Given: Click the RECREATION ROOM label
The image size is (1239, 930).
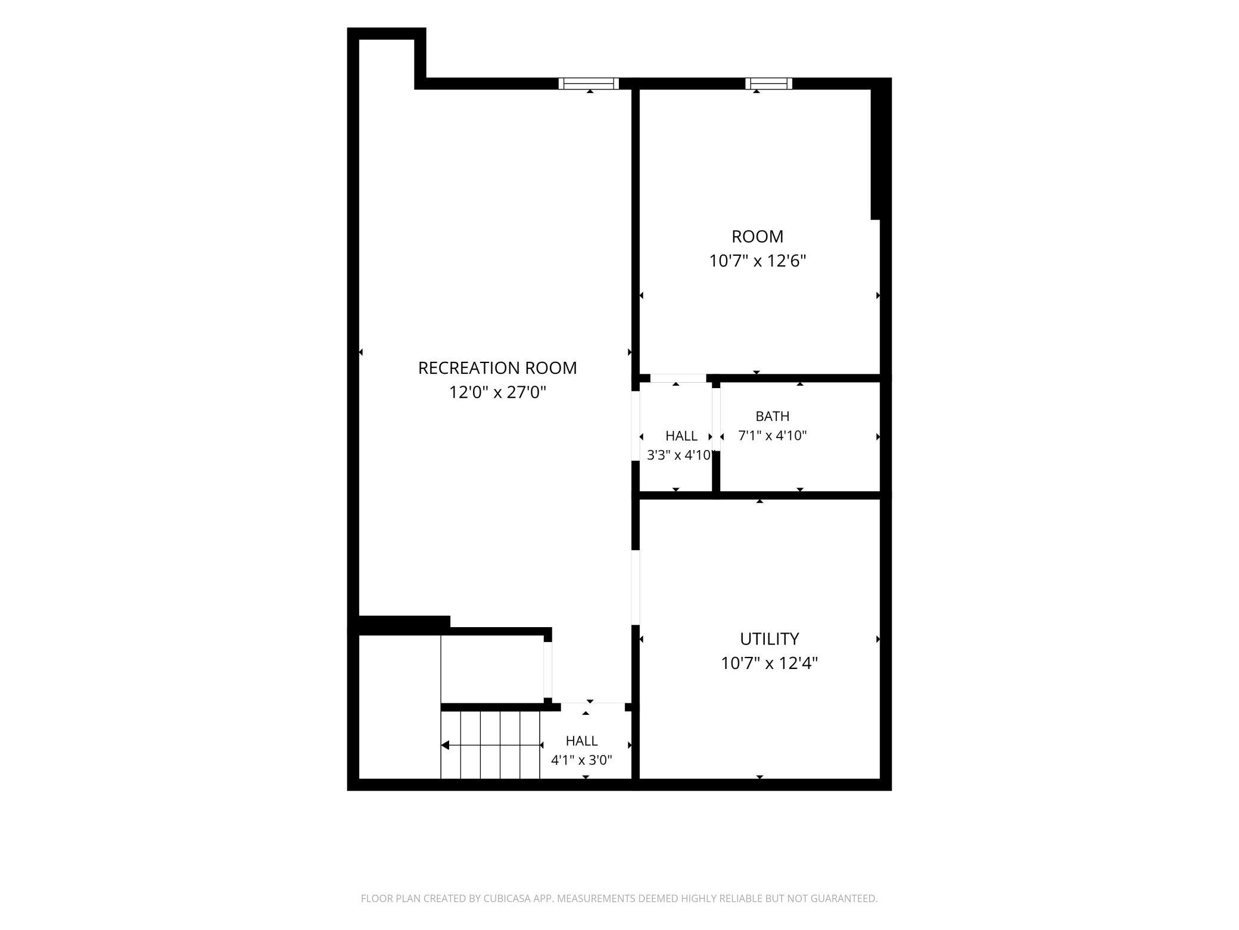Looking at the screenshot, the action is (x=497, y=368).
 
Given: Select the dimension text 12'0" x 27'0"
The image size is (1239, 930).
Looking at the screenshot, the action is (x=497, y=392).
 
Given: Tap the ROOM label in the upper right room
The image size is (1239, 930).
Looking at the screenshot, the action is (x=757, y=237).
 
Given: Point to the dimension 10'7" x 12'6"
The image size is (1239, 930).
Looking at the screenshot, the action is (x=757, y=261).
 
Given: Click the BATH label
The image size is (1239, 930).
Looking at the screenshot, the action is (x=772, y=416).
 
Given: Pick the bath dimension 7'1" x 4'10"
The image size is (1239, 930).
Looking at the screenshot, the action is (x=772, y=436).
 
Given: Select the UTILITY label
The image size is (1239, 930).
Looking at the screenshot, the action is (x=769, y=639).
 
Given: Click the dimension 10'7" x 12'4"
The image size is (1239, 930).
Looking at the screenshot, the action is (x=769, y=664).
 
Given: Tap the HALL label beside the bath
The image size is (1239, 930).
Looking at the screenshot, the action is (x=681, y=436).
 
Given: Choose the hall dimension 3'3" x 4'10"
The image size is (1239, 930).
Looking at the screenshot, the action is (x=680, y=455).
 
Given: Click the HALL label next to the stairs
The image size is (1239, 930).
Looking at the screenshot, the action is (x=581, y=741).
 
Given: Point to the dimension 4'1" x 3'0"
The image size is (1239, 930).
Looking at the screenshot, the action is (x=581, y=760).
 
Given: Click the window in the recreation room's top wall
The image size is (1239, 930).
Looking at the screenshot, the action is (x=589, y=83).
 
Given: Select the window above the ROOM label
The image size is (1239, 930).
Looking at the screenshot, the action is (x=768, y=83).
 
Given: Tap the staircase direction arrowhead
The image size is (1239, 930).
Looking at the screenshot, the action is (x=445, y=745).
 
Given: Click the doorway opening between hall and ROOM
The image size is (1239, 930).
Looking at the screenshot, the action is (x=678, y=378).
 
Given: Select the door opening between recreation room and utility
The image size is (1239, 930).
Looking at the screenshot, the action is (x=636, y=587).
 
